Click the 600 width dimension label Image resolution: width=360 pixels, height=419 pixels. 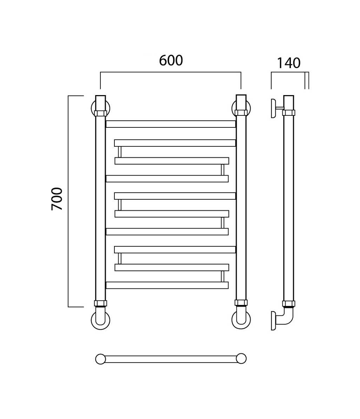click(x=171, y=60)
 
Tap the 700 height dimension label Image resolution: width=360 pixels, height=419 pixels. click(x=57, y=199)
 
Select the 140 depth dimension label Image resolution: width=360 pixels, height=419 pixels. click(x=288, y=63)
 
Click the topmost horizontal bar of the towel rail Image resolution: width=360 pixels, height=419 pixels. click(x=171, y=124)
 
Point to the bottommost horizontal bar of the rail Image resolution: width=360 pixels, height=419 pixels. click(x=167, y=285)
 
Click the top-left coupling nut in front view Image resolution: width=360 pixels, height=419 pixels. click(x=100, y=113)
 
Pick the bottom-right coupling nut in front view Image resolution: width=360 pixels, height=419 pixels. click(x=241, y=303)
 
